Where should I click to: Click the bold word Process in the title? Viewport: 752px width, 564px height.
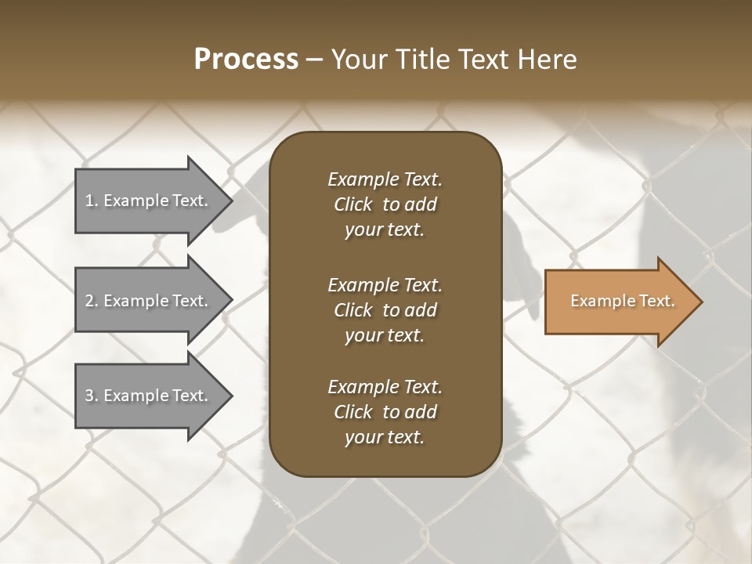(x=246, y=60)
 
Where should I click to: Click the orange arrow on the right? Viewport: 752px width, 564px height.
(x=619, y=302)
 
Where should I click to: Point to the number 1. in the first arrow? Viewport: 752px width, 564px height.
(x=92, y=201)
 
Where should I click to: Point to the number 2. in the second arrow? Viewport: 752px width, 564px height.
(x=92, y=301)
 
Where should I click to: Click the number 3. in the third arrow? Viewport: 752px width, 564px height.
(x=92, y=396)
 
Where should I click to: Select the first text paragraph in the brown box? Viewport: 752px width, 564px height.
(x=385, y=204)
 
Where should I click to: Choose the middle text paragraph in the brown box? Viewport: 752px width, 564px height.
(x=385, y=310)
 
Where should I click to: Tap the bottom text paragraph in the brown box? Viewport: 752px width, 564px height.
(x=385, y=412)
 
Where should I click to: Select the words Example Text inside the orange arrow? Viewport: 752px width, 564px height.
(x=622, y=301)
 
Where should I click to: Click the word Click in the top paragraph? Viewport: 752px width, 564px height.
(x=353, y=204)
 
